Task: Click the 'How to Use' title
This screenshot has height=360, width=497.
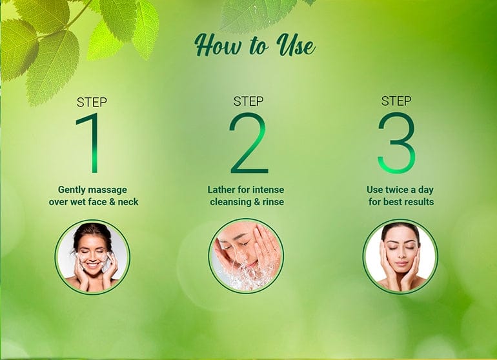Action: coord(254,45)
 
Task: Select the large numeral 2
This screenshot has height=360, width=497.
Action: coord(249,143)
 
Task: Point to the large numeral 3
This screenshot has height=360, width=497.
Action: coord(396,143)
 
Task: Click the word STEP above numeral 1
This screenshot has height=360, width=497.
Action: coord(92,103)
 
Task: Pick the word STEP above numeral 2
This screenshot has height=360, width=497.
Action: coord(249,101)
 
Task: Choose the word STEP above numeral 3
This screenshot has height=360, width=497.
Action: coord(396,101)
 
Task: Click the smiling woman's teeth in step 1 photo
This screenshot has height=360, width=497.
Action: coord(92,264)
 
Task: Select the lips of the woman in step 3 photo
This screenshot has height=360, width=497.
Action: coord(401,264)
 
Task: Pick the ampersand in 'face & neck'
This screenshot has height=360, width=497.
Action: coord(112,202)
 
